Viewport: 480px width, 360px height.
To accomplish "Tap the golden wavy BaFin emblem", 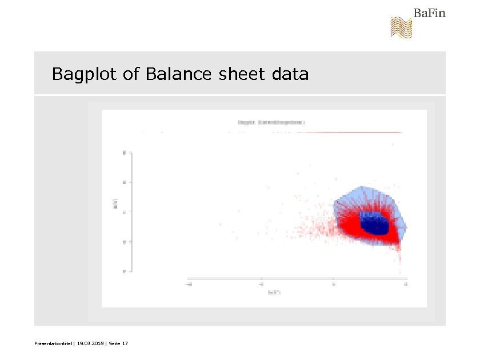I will pyautogui.click(x=401, y=27).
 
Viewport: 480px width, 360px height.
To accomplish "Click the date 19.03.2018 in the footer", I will pyautogui.click(x=91, y=343).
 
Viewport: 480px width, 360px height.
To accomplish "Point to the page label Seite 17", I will pyautogui.click(x=118, y=343).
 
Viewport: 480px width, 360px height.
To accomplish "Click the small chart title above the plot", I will pyautogui.click(x=263, y=122).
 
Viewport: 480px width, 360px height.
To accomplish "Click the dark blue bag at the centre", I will pyautogui.click(x=374, y=223).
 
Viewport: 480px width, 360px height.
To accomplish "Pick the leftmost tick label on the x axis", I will pyautogui.click(x=189, y=283).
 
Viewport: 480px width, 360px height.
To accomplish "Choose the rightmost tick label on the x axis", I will pyautogui.click(x=406, y=283).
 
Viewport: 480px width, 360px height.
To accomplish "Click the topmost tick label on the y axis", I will pyautogui.click(x=125, y=153).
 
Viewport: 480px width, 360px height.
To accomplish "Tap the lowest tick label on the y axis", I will pyautogui.click(x=125, y=271).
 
